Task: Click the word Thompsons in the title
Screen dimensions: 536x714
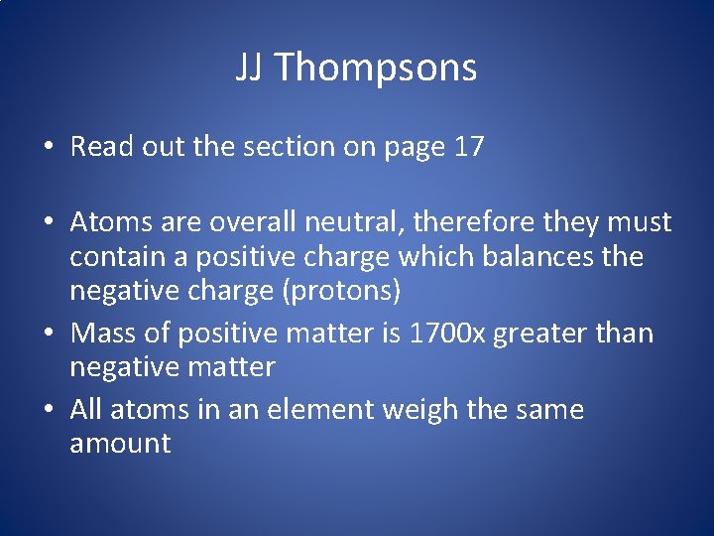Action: [x=375, y=67]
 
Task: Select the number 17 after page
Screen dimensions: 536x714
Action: [x=468, y=147]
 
